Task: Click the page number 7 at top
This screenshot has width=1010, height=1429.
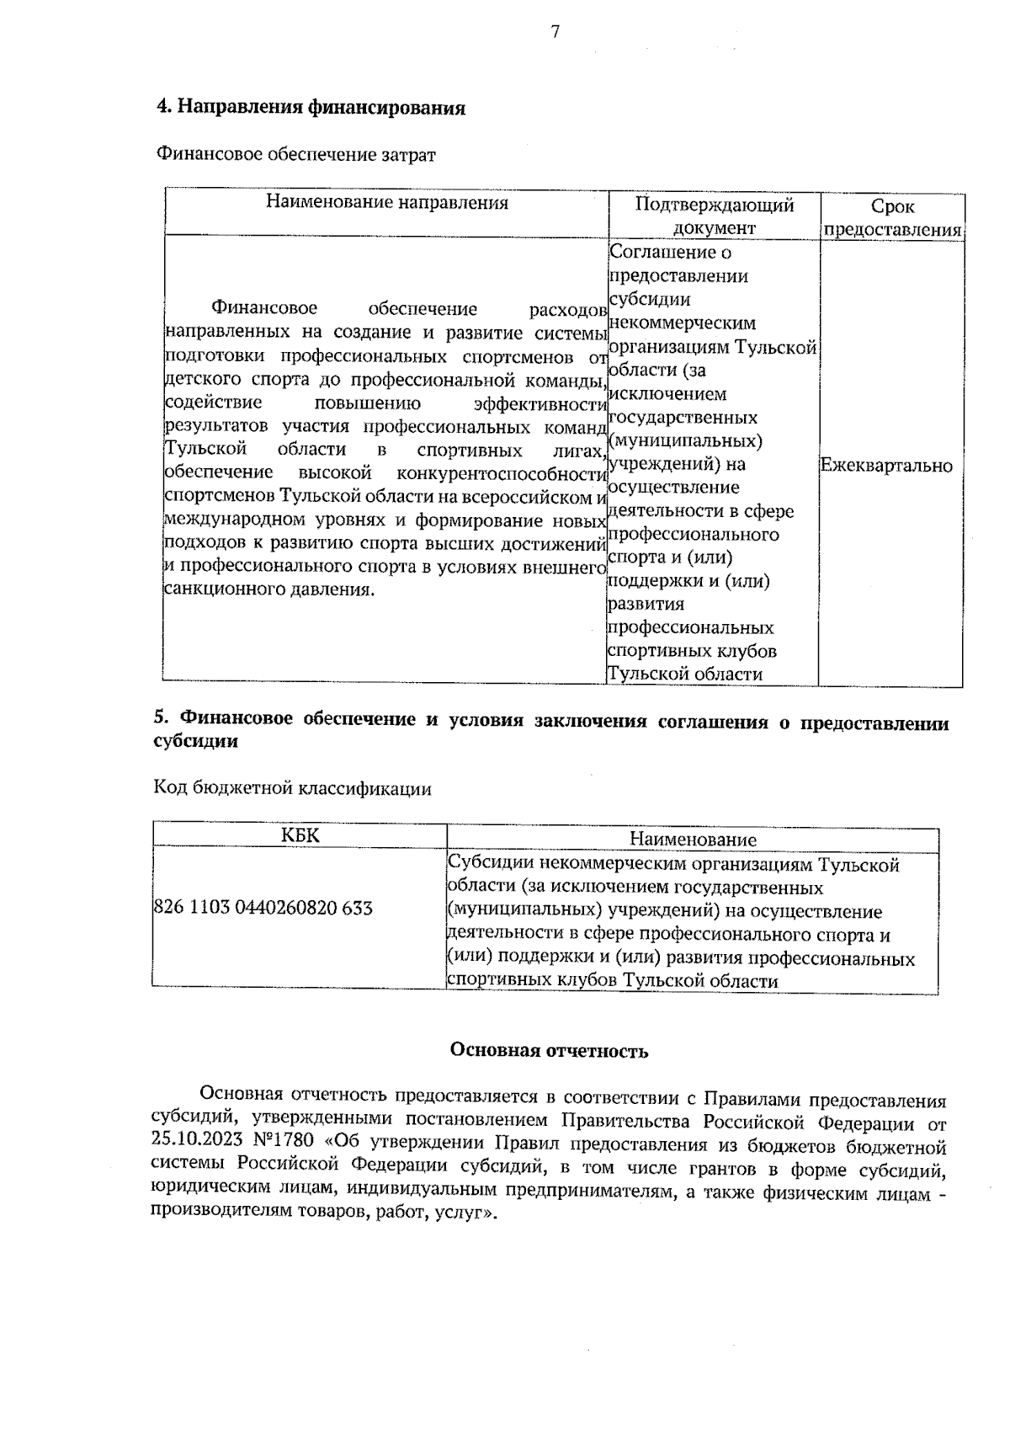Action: [555, 32]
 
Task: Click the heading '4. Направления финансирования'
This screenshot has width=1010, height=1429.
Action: [311, 109]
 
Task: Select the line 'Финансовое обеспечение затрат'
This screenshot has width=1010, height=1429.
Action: [296, 155]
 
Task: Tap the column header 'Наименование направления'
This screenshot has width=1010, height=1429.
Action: [387, 203]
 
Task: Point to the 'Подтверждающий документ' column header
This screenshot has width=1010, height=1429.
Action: [714, 216]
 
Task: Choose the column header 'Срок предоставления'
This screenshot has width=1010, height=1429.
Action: [892, 218]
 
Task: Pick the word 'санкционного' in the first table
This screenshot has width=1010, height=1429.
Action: [215, 589]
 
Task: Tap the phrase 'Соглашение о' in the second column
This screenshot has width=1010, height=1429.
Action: [670, 252]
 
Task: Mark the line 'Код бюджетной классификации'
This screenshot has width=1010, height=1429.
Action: [292, 788]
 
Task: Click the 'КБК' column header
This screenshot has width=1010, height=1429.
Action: [300, 835]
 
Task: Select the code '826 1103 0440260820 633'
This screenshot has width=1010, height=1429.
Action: [263, 909]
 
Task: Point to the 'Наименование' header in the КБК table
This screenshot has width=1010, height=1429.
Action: [693, 840]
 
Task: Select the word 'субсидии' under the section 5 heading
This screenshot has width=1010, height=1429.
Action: [194, 742]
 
